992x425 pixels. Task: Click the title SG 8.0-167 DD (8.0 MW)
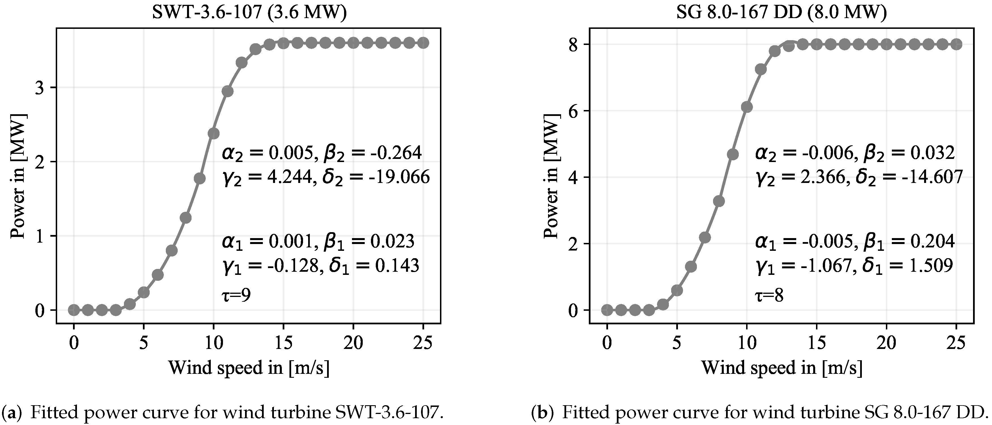pyautogui.click(x=782, y=13)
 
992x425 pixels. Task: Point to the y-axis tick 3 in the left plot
pyautogui.click(x=41, y=88)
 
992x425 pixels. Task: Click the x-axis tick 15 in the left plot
pyautogui.click(x=284, y=342)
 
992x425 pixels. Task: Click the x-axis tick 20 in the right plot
pyautogui.click(x=886, y=342)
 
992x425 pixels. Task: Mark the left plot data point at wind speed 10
pyautogui.click(x=213, y=133)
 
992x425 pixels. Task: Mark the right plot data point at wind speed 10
pyautogui.click(x=747, y=107)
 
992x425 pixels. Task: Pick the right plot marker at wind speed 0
pyautogui.click(x=607, y=310)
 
